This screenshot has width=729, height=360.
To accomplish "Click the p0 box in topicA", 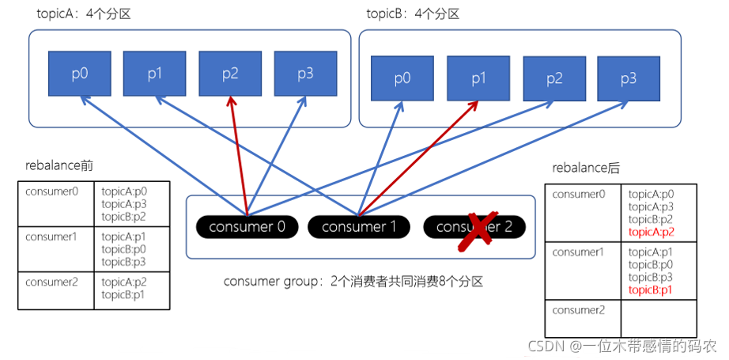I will (x=79, y=74).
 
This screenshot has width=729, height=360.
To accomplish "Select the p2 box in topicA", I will (x=230, y=74).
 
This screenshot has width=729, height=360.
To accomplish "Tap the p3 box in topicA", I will (x=305, y=74).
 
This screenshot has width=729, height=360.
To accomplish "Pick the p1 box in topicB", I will (x=478, y=78).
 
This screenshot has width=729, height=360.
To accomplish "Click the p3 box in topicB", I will (x=629, y=78).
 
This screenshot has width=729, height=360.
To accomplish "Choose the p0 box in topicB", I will (x=402, y=78).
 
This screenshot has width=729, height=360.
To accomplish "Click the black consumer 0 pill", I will (x=247, y=227).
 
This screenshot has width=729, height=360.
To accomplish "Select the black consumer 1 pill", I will (x=358, y=227).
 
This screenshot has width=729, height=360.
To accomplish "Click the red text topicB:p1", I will (x=651, y=290).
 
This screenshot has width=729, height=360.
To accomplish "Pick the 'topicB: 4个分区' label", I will (x=414, y=14).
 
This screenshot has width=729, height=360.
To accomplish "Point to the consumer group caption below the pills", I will (x=353, y=281).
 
